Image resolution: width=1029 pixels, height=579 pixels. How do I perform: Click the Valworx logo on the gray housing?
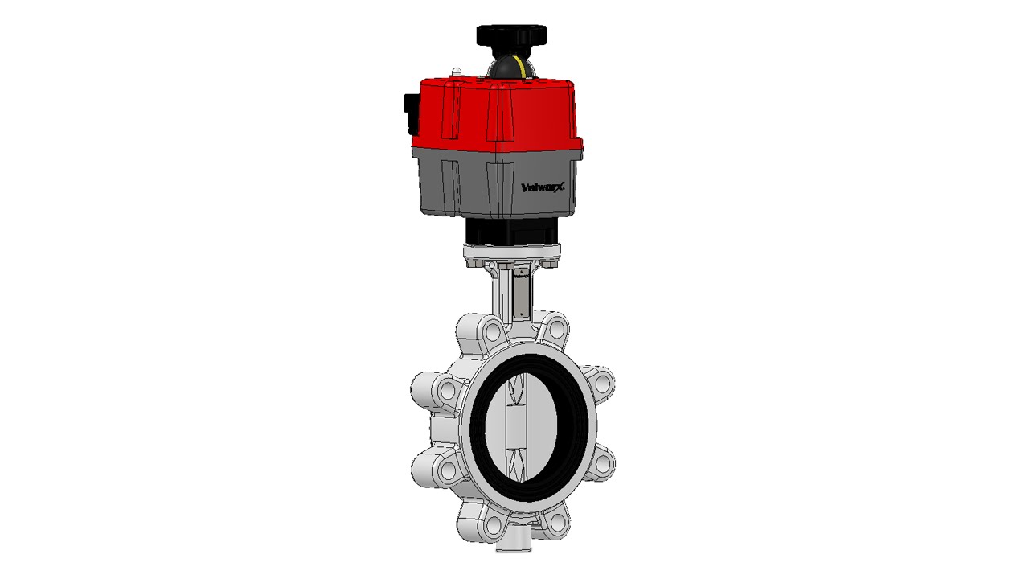pyautogui.click(x=543, y=187)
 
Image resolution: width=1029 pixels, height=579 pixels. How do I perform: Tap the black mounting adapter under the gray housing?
pyautogui.click(x=511, y=231)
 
